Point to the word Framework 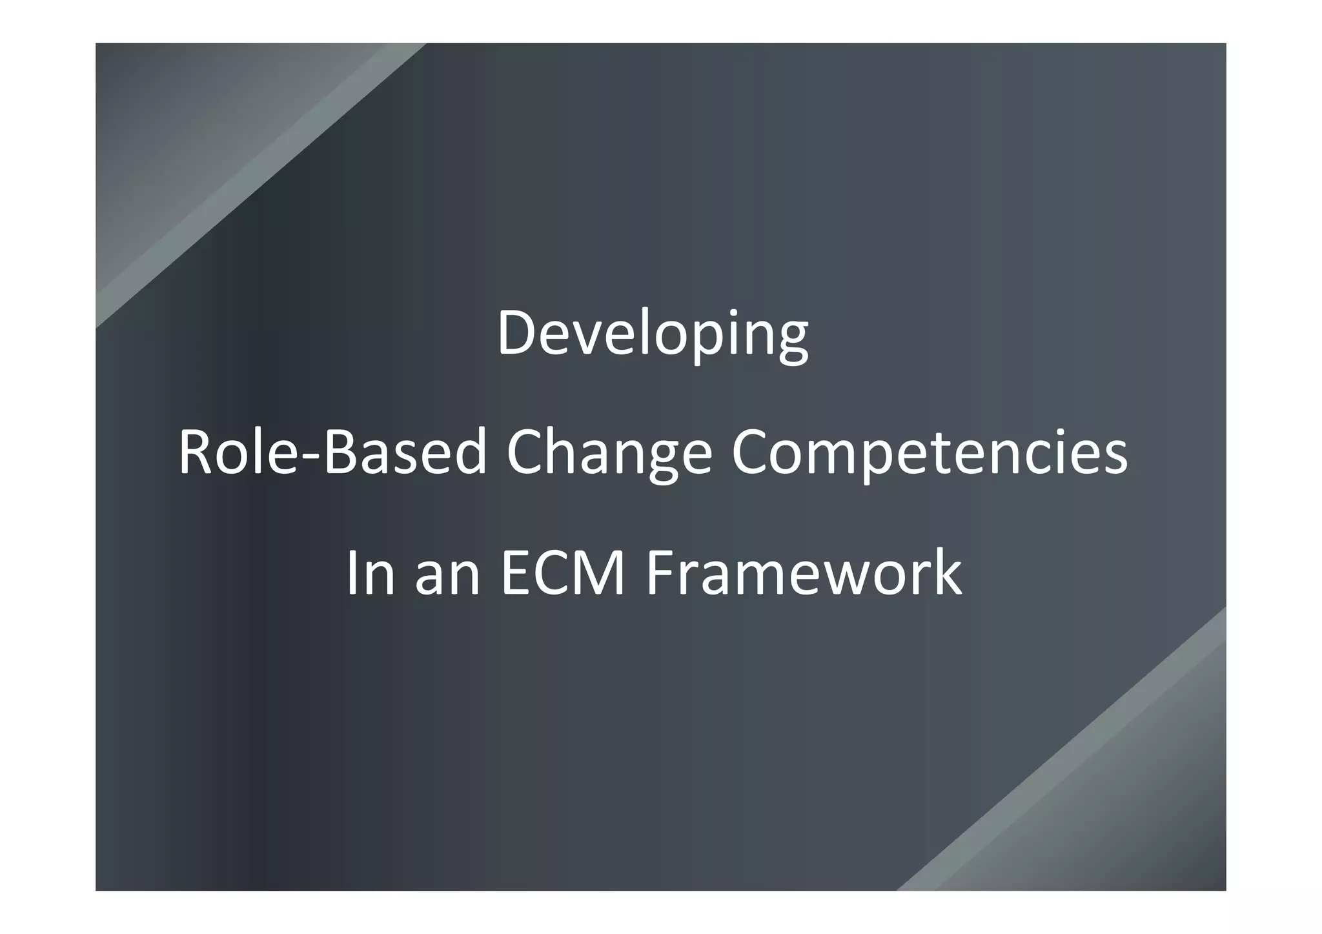click(804, 573)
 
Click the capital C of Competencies click(752, 453)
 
